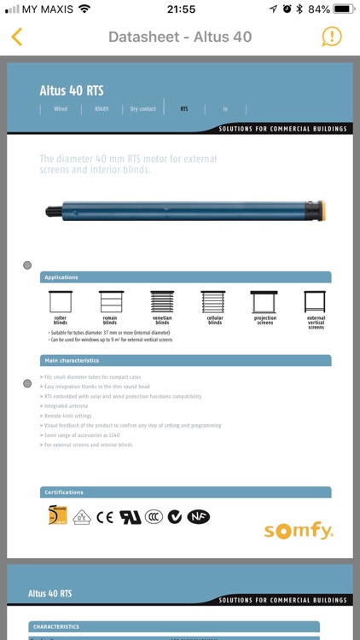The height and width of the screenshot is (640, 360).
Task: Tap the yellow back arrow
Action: point(17,37)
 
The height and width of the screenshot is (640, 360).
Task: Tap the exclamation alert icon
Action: point(332,37)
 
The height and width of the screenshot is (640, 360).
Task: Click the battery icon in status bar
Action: point(343,9)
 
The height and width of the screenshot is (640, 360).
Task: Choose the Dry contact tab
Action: point(142,109)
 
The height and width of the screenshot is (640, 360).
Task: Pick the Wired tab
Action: point(61,109)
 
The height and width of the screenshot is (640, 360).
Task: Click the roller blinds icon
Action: point(60,302)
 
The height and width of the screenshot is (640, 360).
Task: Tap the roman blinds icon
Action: point(110,302)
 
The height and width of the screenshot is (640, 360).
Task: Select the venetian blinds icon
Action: point(162,302)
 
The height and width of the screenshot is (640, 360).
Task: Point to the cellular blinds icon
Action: point(214,302)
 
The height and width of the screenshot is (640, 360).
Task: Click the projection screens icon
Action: point(264,302)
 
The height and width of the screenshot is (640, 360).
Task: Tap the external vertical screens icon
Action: point(316,302)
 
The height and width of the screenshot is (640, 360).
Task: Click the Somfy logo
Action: point(299,531)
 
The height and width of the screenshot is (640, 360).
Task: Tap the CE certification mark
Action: point(105,516)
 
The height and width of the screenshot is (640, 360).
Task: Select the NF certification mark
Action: point(199,516)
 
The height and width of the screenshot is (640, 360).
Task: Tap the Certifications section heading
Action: point(65,492)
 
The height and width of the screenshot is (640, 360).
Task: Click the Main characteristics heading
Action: point(72,361)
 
